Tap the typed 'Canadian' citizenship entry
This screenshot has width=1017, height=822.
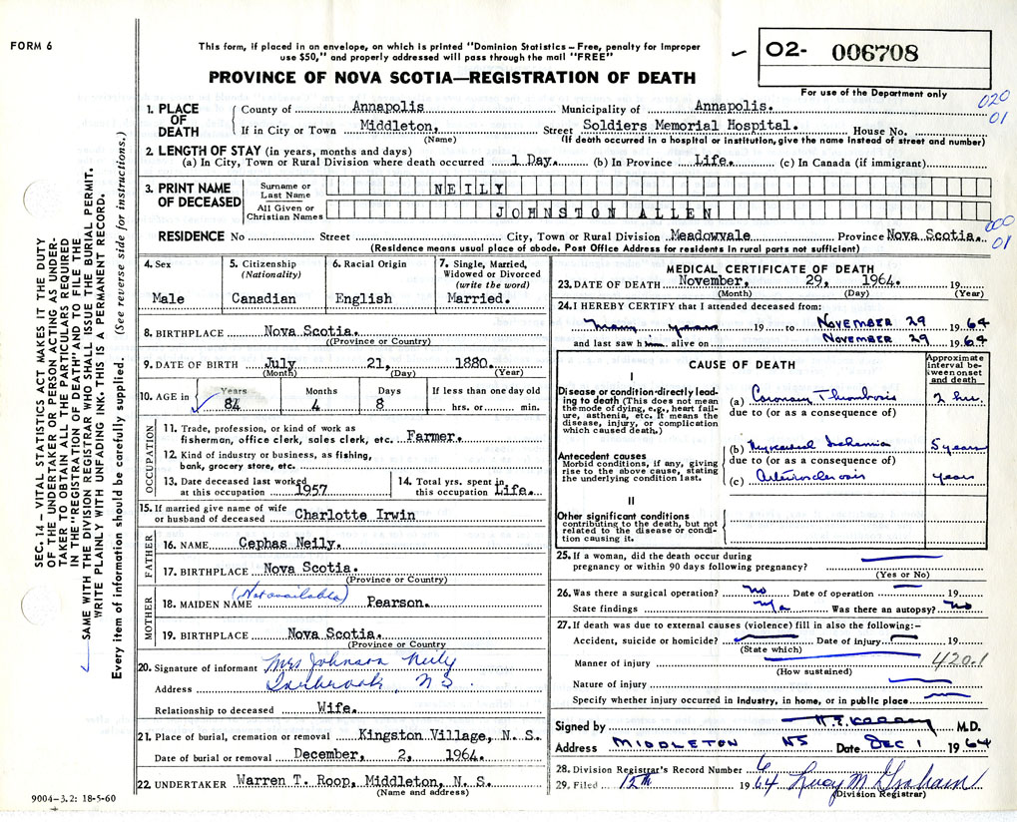point(263,298)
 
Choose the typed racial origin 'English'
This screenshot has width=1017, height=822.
point(363,298)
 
